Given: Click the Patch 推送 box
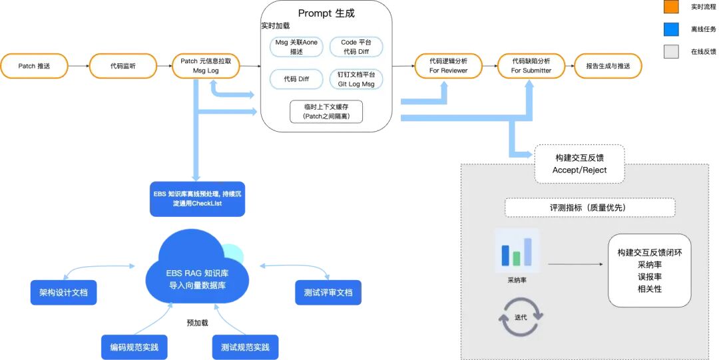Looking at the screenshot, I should click(34, 66).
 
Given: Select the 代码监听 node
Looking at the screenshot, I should click(124, 66).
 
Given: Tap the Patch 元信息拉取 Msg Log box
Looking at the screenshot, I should click(206, 66).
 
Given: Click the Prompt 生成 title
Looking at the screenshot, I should click(326, 13).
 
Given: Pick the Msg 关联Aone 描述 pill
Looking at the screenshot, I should click(297, 47).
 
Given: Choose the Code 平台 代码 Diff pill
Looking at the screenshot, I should click(356, 47).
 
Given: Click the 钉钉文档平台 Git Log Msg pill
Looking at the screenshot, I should click(356, 79).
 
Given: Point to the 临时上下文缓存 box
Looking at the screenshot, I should click(326, 112).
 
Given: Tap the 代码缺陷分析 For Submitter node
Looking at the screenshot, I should click(531, 66).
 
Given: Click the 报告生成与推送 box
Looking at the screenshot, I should click(607, 66).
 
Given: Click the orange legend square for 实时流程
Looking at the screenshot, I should click(670, 7).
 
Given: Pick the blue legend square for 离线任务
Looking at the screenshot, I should click(670, 29).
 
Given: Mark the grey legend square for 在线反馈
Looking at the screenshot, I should click(670, 52).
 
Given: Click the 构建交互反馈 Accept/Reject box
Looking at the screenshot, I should click(580, 164).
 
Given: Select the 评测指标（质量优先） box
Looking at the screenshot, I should click(590, 208).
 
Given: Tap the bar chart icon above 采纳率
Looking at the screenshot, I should click(517, 251).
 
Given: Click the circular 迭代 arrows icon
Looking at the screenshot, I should click(517, 317).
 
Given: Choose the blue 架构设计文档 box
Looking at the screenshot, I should click(63, 292).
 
